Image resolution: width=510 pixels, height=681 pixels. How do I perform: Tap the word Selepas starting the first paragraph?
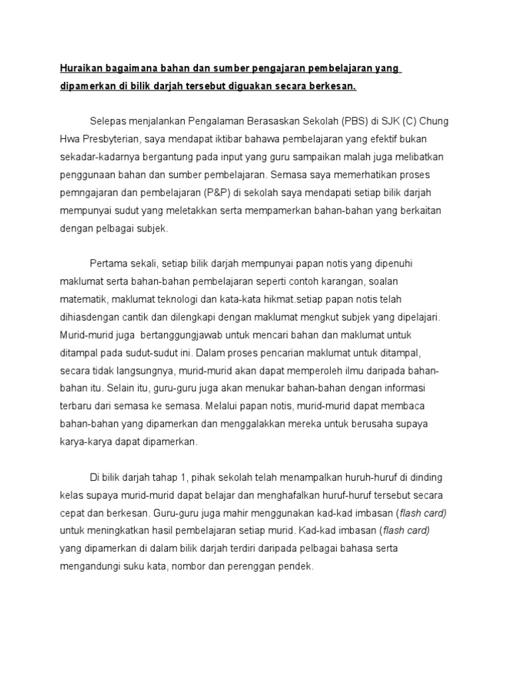coord(110,121)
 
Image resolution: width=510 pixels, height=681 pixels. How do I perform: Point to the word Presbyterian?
coord(107,138)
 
